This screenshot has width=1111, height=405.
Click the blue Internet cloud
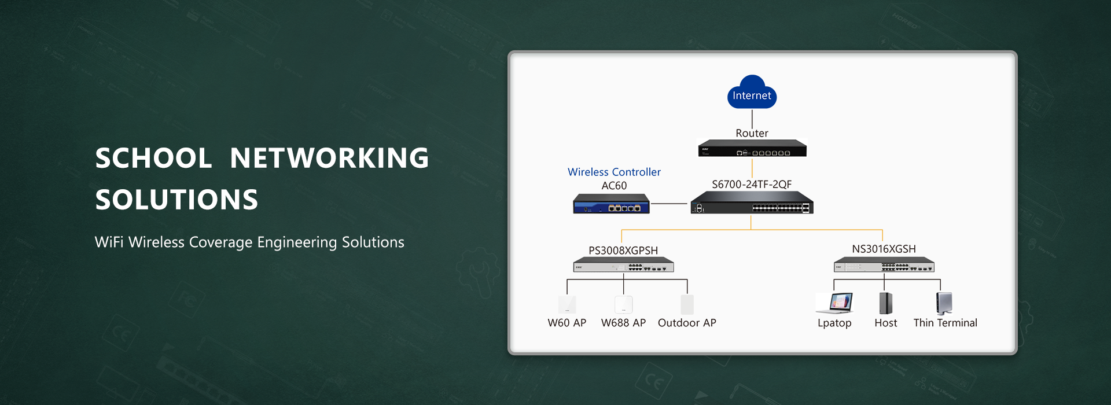click(752, 92)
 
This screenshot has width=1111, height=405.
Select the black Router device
click(752, 148)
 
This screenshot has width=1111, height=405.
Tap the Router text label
click(752, 133)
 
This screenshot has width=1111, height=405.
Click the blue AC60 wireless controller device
click(611, 204)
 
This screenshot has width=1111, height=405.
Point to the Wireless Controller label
click(614, 172)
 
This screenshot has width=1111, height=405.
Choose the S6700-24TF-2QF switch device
click(752, 202)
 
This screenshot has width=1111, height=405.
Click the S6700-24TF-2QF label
click(752, 185)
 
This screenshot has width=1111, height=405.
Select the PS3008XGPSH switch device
click(623, 265)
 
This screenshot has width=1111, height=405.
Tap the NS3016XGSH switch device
click(884, 264)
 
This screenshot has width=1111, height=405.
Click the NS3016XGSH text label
click(884, 249)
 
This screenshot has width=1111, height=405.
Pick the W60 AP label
click(567, 323)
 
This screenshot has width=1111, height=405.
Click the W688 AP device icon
click(623, 304)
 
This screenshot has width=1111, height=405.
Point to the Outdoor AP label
click(687, 323)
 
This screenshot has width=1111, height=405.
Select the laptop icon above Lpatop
click(834, 303)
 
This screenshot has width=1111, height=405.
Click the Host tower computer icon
click(885, 303)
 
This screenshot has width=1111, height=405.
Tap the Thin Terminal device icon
click(944, 303)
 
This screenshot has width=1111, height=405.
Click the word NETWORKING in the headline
click(329, 158)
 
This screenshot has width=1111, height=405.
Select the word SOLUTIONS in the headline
click(176, 200)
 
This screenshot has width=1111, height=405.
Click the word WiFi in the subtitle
click(109, 242)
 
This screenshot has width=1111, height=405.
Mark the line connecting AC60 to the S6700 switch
click(669, 204)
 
